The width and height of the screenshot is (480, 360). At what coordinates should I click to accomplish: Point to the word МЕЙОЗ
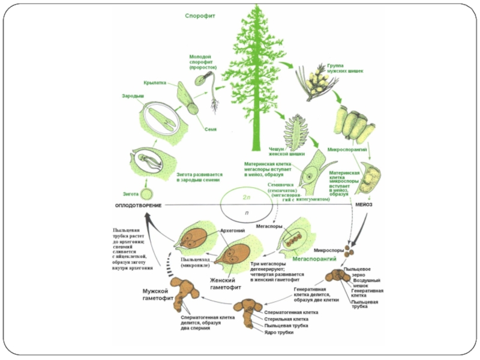(x=364, y=205)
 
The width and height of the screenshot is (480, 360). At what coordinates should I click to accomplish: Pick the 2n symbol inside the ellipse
(x=246, y=197)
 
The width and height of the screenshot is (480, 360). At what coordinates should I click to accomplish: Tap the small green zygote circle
(x=146, y=195)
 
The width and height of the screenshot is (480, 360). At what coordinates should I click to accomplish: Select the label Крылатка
(x=155, y=82)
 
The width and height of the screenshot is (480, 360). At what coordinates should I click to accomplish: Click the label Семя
(x=210, y=129)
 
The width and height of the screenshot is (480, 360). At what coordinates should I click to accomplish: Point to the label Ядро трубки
(x=278, y=332)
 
